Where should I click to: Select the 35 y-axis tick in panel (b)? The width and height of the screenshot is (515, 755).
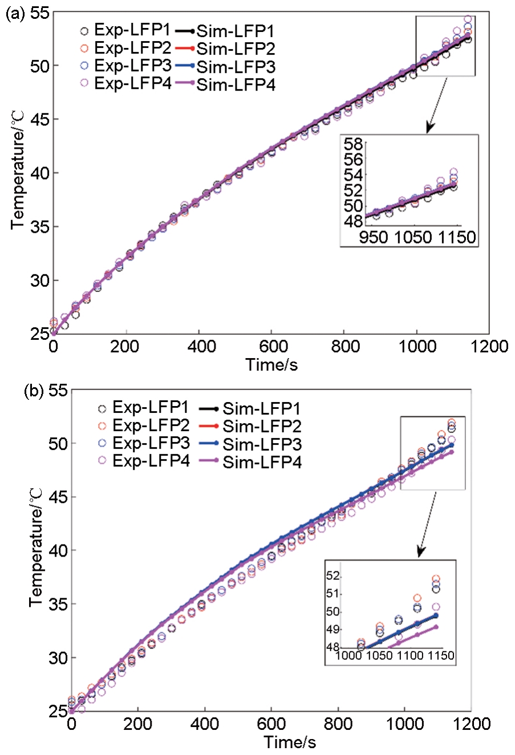58,604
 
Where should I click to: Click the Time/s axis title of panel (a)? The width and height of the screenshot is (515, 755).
271,364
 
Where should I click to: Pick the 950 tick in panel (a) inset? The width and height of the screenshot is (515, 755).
374,237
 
